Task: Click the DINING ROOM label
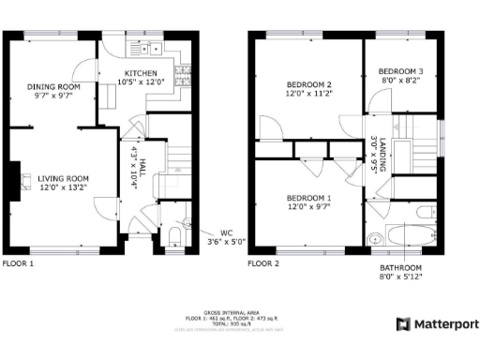[x=52, y=86]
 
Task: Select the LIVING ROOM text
[x=63, y=178]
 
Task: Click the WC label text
[x=225, y=232]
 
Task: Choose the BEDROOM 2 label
[x=309, y=85]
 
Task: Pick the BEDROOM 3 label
[x=400, y=71]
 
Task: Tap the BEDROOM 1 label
[x=308, y=198]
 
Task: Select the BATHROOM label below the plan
[x=400, y=268]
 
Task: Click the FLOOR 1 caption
[x=18, y=264]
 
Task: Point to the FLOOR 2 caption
[x=263, y=264]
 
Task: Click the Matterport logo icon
[x=402, y=324]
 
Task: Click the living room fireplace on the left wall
[x=15, y=178]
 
